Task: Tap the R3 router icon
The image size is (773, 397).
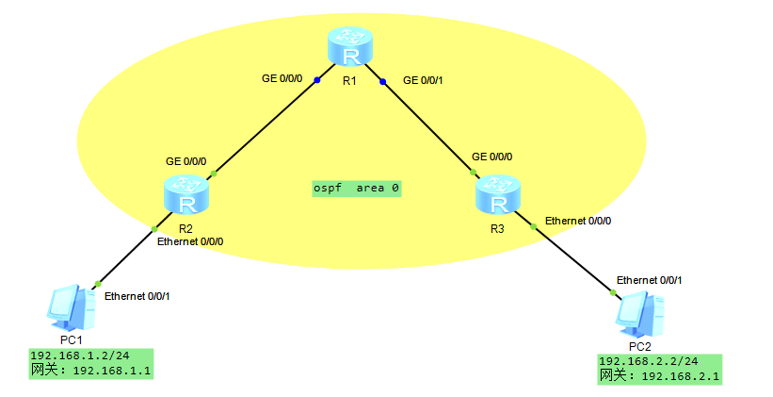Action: coord(496,196)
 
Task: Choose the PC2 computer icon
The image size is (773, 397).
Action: coord(640,313)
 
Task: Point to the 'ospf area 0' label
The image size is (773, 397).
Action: coord(357,189)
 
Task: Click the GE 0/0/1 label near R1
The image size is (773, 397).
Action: coord(423,80)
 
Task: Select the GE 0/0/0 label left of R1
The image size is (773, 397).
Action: coord(282,78)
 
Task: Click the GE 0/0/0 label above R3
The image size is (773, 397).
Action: coord(491,157)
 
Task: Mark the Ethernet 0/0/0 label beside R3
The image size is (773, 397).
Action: coord(578,221)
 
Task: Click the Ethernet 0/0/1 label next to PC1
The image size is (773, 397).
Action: coord(137,296)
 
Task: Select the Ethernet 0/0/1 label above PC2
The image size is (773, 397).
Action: coord(649,280)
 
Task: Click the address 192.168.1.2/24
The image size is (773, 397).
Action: coord(79,356)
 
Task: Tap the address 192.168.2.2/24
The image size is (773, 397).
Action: coord(649,361)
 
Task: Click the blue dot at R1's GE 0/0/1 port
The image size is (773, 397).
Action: coord(383,81)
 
